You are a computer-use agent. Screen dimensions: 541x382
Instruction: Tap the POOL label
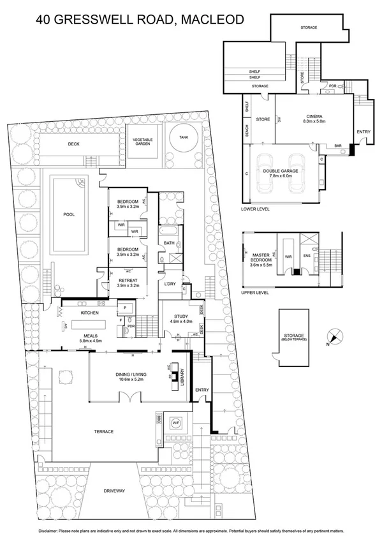tap(69, 214)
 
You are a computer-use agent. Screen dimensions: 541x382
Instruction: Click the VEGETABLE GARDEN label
tap(143, 142)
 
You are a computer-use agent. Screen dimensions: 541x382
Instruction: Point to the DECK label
tap(74, 144)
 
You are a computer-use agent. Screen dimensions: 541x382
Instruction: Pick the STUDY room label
tap(179, 318)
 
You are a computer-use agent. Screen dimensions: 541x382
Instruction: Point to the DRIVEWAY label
tap(115, 491)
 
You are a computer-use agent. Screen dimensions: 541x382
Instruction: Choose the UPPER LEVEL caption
tap(255, 292)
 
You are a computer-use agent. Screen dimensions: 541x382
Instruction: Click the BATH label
tap(169, 243)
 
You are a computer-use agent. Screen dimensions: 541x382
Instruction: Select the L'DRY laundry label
tap(170, 283)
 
